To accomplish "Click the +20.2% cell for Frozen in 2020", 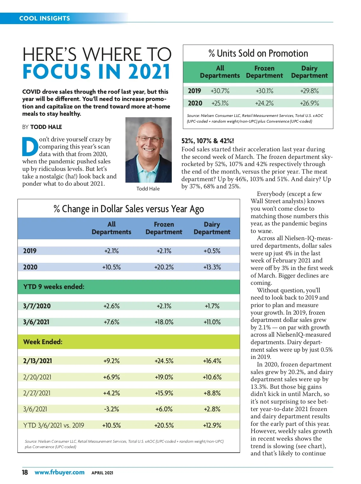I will pos(164,267).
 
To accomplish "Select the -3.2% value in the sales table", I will pos(111,409).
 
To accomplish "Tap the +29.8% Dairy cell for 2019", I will pos(309,91).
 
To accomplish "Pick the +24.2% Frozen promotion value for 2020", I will pos(264,103).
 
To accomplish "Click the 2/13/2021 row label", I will pos(38,361).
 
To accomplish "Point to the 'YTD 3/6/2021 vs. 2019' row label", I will pos(54,425).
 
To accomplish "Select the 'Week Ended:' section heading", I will pos(43,342).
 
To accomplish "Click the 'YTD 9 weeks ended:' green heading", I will pos(54,287).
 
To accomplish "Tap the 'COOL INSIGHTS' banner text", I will pos(45,18).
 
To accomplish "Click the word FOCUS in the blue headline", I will pos(57,72).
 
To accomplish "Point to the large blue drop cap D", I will pos(30,147).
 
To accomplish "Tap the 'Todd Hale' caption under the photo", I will pos(148,189).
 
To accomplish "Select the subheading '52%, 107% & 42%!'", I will pos(208,141).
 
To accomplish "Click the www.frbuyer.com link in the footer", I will pos(60,472).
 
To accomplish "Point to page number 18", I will pos(25,472).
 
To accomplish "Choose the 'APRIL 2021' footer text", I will pos(102,473).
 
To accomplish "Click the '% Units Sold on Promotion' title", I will pos(258,53).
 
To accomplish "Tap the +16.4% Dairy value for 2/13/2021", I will pos(212,361).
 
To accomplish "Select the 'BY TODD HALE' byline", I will pos(42,127).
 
